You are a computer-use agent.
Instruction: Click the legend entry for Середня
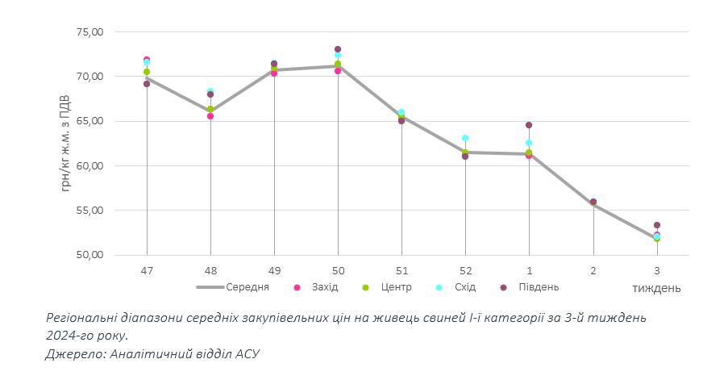pos(234,287)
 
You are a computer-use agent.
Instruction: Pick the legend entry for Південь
pos(532,287)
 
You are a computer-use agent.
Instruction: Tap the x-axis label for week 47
pos(147,271)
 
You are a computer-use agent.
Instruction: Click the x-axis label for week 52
pos(465,271)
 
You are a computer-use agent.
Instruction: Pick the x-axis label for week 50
pos(338,271)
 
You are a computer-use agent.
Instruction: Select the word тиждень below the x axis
pos(656,288)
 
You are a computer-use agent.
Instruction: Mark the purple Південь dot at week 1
pos(529,125)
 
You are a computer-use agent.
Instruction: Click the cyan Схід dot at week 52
pos(465,138)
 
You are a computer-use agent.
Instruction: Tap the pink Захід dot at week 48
pos(210,116)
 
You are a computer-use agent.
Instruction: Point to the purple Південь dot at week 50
pos(338,49)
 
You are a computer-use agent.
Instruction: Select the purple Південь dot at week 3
pos(657,225)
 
